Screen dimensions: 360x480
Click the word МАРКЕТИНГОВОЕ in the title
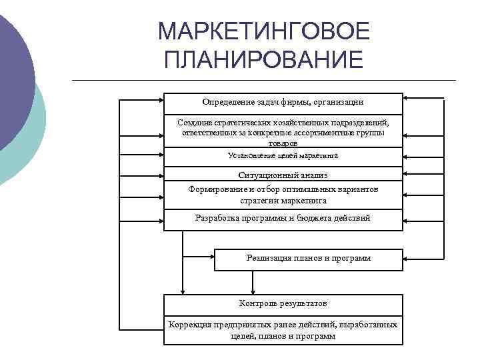tap(263, 31)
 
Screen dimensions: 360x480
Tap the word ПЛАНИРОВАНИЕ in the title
tap(263, 60)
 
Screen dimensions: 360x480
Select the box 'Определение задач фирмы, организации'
tap(283, 103)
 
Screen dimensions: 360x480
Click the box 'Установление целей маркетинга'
tap(283, 156)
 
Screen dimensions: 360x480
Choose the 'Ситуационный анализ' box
tap(283, 175)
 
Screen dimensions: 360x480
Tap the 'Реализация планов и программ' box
tap(308, 259)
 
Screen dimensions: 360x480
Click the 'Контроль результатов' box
tap(283, 304)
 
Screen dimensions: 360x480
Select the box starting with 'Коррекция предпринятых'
tap(283, 330)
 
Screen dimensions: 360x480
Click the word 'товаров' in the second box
tap(283, 143)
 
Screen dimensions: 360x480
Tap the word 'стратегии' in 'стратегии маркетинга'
tap(261, 200)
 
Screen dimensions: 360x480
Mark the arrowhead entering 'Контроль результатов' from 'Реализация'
tap(252, 291)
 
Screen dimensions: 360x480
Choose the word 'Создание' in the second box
tap(193, 123)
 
